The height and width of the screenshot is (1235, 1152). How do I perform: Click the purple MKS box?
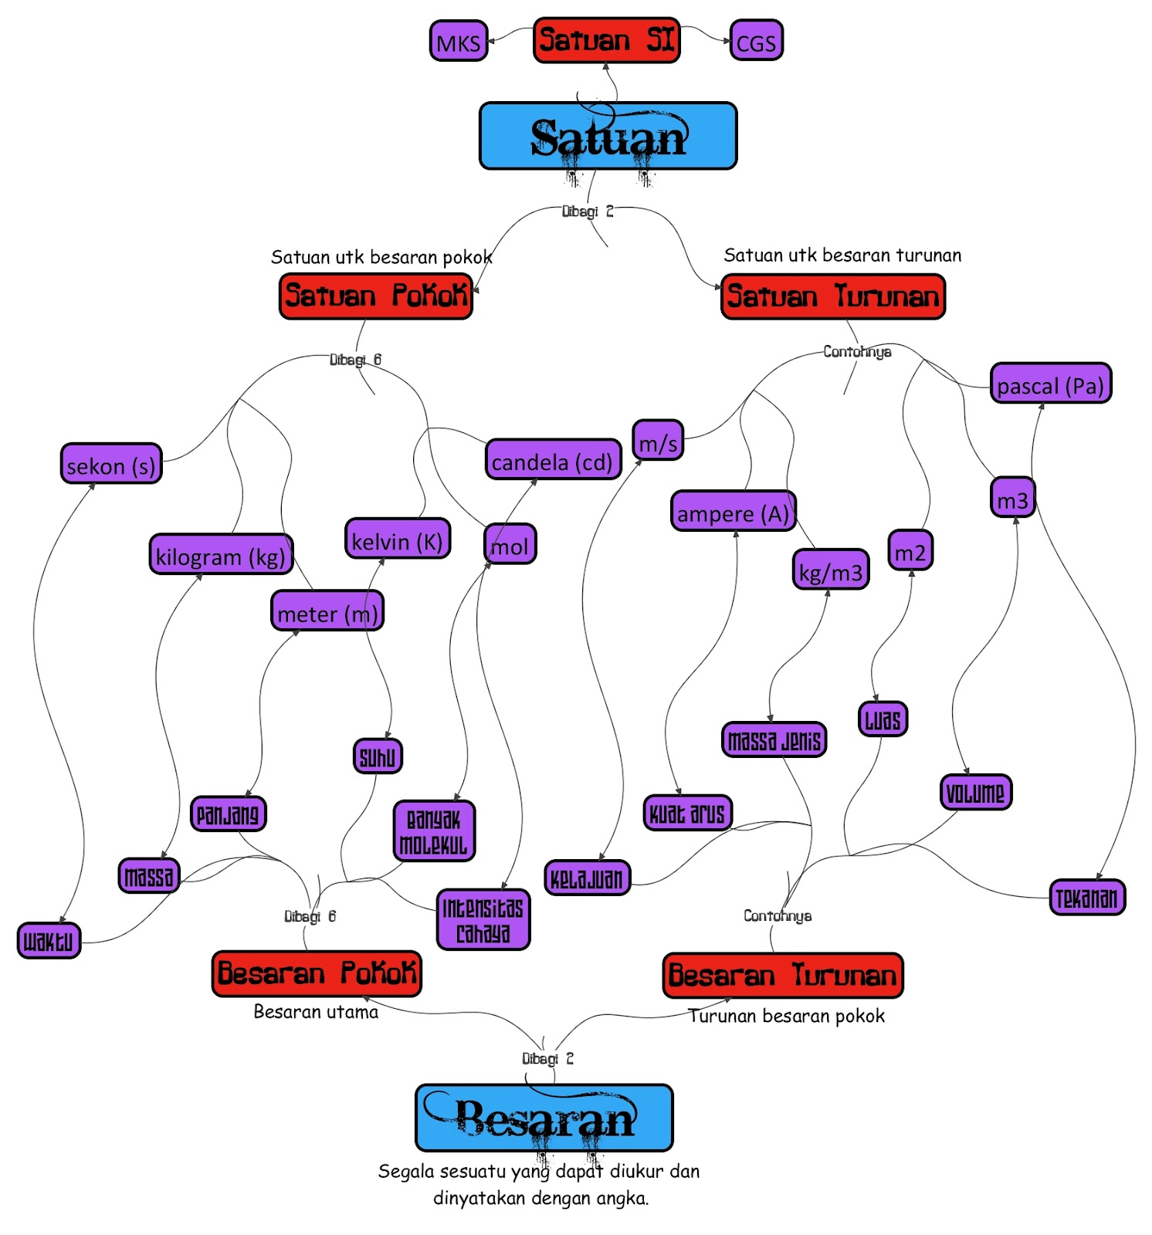(x=458, y=42)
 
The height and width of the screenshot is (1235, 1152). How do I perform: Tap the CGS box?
(x=756, y=42)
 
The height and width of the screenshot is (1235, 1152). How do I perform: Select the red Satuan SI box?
(x=606, y=40)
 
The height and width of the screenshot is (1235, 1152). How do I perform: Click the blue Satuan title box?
(x=608, y=137)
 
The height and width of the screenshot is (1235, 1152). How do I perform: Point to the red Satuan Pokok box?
(x=375, y=296)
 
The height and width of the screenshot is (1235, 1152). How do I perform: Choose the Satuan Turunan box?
(x=832, y=296)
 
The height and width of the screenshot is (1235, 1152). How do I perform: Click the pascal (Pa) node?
(x=1050, y=384)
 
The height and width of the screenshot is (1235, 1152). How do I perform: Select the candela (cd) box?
(x=552, y=461)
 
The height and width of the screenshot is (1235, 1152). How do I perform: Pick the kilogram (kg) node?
(x=221, y=555)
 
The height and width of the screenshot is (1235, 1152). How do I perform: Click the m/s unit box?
(x=658, y=442)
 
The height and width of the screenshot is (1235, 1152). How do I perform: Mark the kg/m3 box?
(x=830, y=571)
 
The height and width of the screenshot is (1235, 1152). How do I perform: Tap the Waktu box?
(x=49, y=940)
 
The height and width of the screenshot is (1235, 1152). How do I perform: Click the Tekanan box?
(x=1086, y=897)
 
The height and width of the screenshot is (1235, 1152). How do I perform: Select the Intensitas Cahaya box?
(x=483, y=919)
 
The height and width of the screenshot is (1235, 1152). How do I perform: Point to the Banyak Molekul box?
(x=434, y=831)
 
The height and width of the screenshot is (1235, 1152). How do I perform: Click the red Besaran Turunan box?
(x=782, y=976)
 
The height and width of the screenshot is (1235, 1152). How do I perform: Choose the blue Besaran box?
(x=544, y=1118)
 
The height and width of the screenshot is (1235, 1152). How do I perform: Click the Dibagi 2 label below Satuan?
(x=588, y=211)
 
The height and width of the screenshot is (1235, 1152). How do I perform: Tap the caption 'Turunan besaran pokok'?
(x=786, y=1016)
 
